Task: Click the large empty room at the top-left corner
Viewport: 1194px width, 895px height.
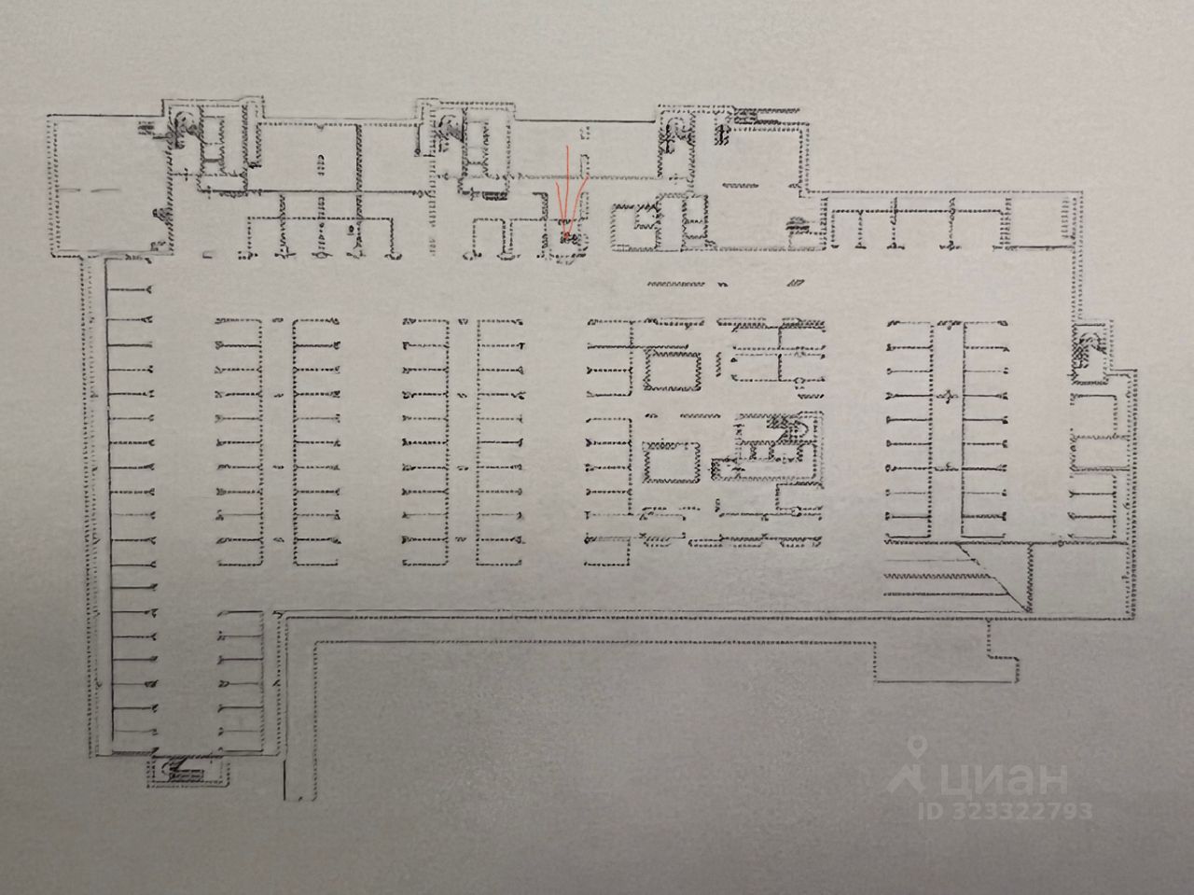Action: pyautogui.click(x=103, y=182)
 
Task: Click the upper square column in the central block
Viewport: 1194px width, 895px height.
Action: pyautogui.click(x=673, y=370)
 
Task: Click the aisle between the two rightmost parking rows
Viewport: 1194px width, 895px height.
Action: pyautogui.click(x=947, y=429)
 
